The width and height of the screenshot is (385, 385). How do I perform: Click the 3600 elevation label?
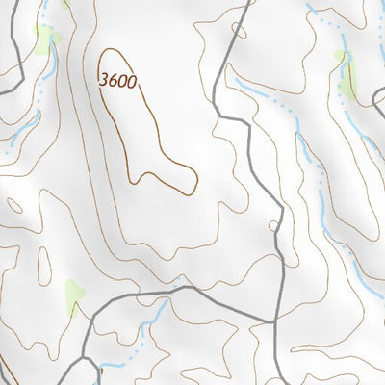(x=118, y=83)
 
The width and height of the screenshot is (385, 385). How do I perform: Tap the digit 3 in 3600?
(x=104, y=83)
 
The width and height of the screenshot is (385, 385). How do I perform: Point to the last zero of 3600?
(x=133, y=83)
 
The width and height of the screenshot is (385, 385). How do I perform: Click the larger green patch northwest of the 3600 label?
(x=45, y=39)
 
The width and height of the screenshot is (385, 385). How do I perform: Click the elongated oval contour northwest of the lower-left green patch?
(x=44, y=261)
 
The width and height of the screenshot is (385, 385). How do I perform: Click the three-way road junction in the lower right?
(x=276, y=319)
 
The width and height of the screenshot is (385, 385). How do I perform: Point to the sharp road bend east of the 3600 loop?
(x=220, y=115)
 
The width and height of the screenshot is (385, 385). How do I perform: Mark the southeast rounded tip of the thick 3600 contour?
(x=192, y=177)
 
